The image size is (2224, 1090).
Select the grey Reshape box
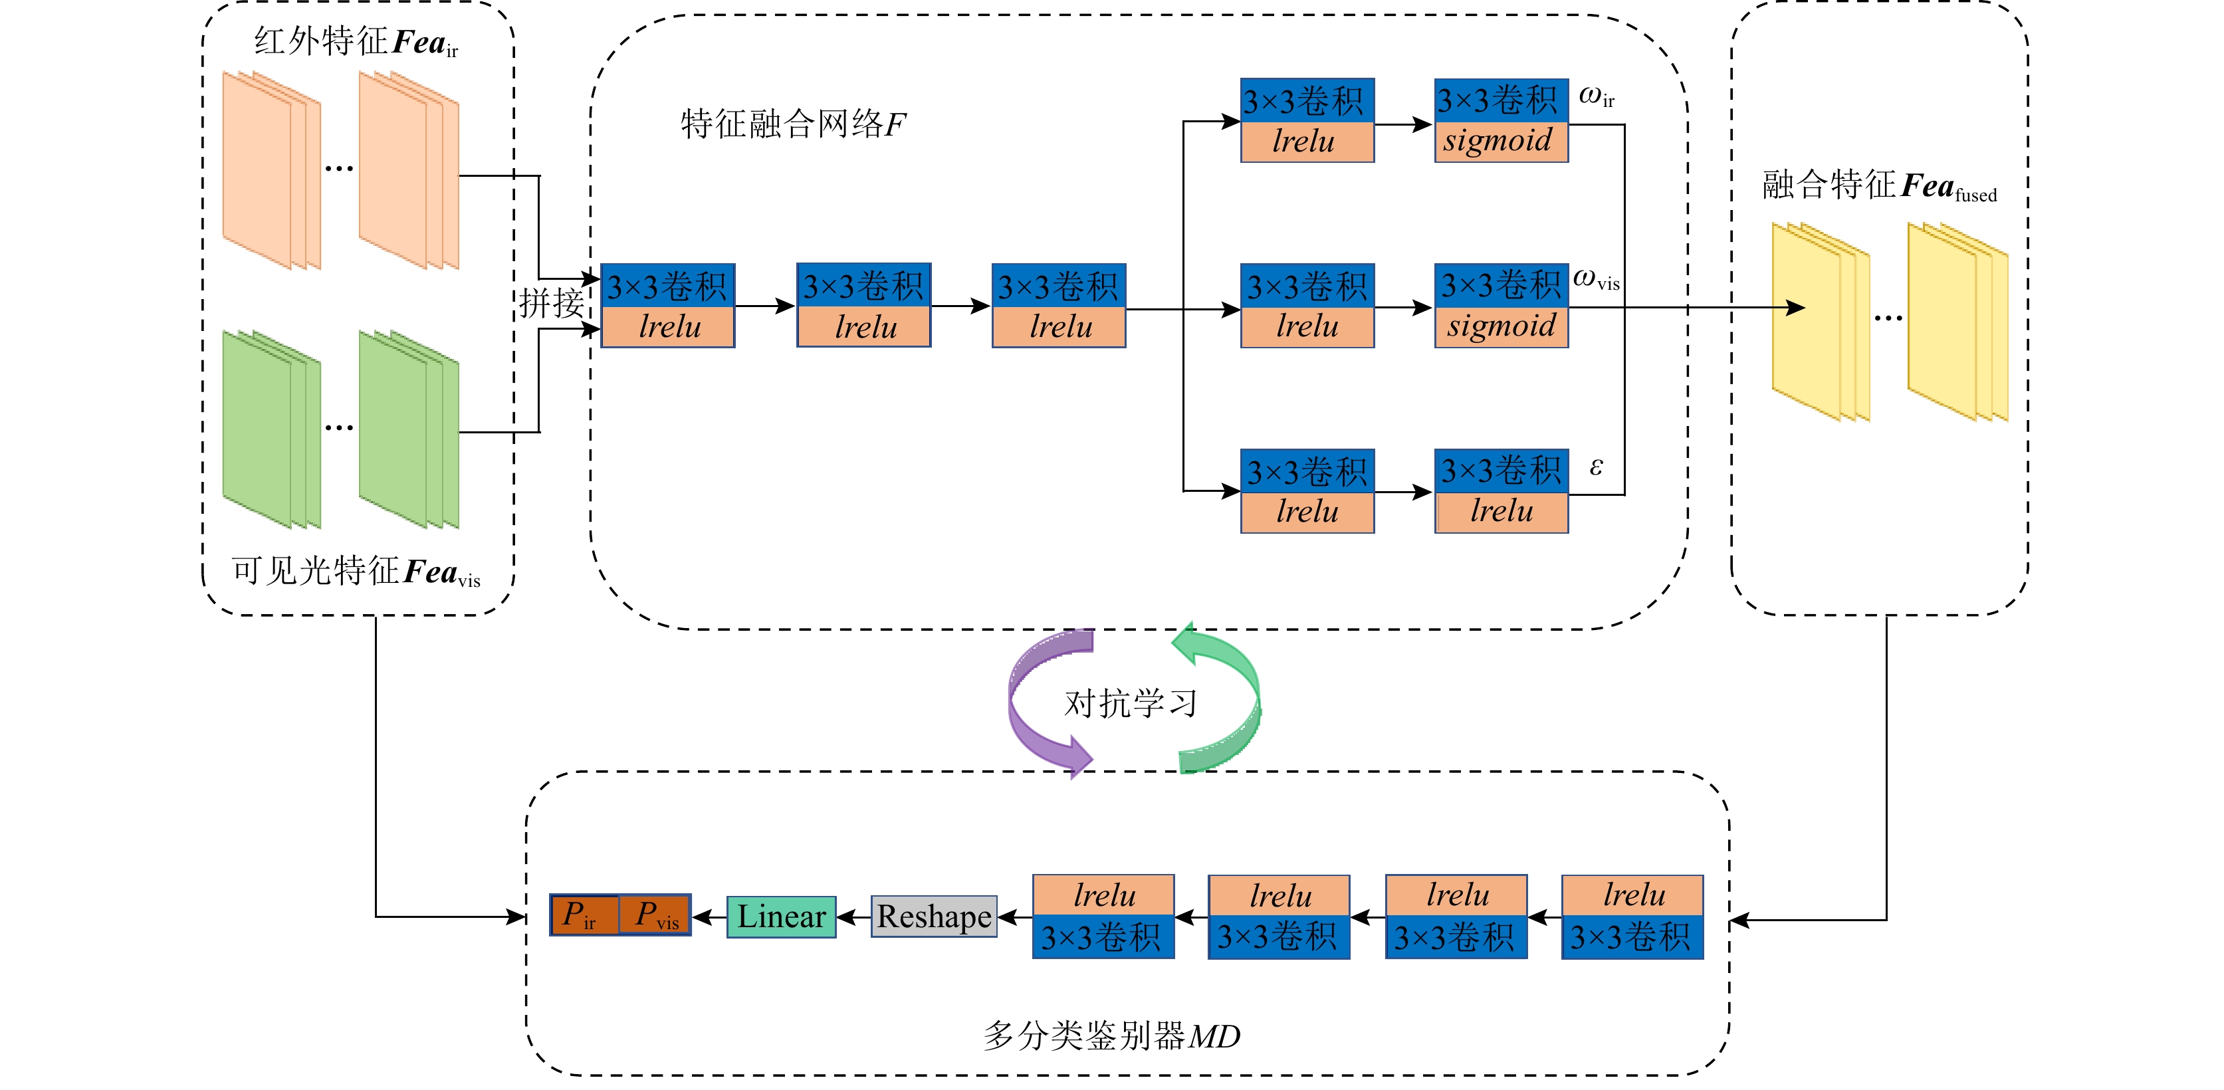933,916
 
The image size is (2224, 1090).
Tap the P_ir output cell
584,915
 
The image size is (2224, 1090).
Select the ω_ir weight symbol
1595,96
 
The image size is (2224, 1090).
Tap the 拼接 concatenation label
551,304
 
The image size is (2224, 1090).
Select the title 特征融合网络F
792,124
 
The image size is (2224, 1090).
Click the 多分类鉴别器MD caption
1111,1035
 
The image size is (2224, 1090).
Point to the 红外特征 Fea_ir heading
356,41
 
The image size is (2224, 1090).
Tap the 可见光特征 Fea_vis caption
356,572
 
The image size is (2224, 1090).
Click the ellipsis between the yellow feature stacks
1888,318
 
